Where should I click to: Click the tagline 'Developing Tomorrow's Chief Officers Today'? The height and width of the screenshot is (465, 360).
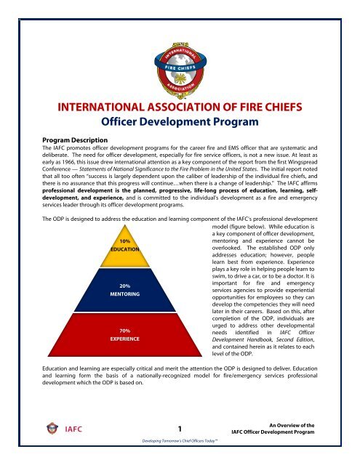[x=179, y=440]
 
